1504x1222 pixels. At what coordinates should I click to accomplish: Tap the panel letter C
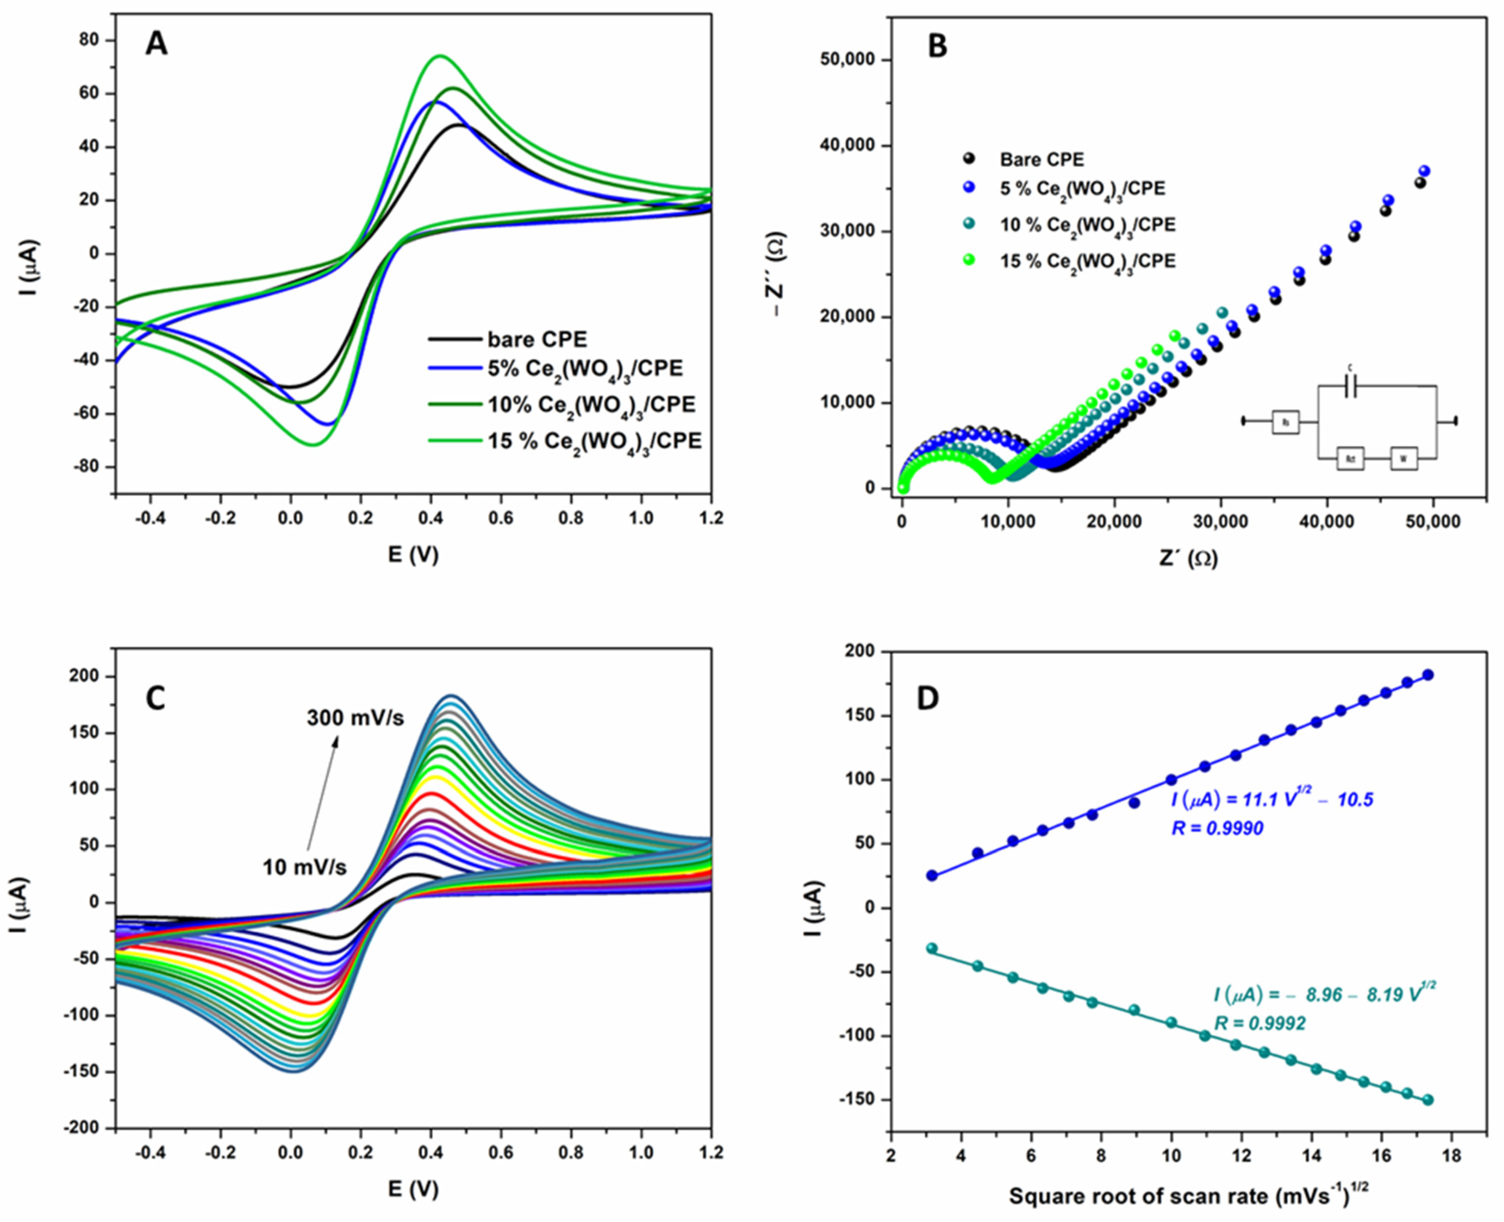[x=155, y=699]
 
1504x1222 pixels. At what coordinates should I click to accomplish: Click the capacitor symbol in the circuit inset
[x=1350, y=386]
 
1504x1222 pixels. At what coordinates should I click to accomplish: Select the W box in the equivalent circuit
[x=1403, y=459]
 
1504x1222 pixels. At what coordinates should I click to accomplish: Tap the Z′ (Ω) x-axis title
[x=1189, y=558]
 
